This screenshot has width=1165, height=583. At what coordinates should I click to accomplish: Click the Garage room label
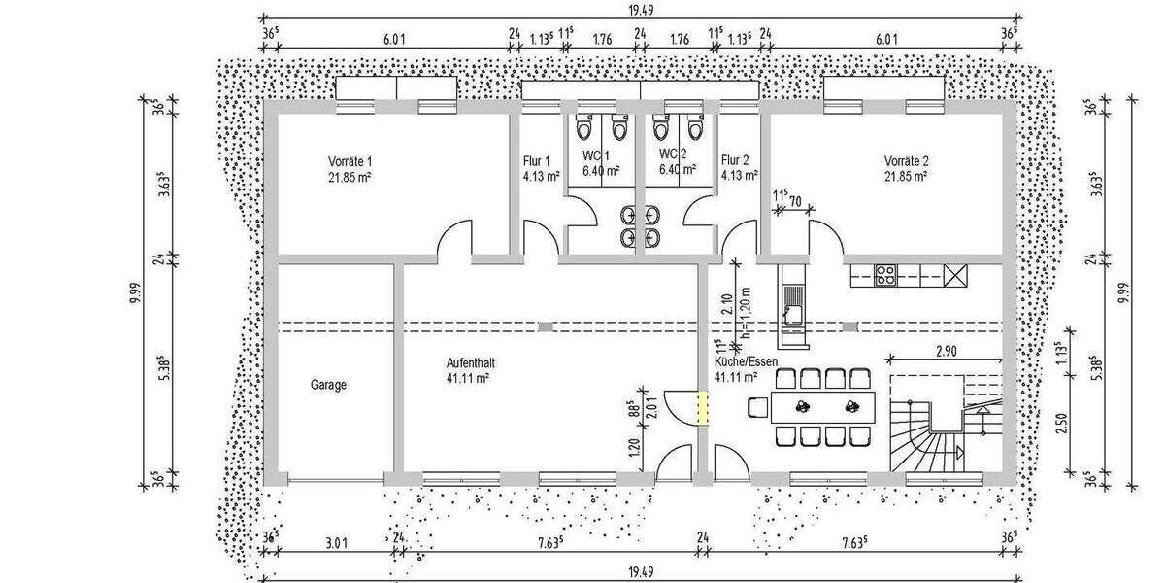(x=328, y=385)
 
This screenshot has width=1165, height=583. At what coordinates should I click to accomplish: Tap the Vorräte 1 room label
(x=349, y=161)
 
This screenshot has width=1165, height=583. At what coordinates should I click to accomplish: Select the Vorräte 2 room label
(x=906, y=161)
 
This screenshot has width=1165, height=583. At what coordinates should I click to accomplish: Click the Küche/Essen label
(x=746, y=361)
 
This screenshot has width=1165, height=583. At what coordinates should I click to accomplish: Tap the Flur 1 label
(x=537, y=161)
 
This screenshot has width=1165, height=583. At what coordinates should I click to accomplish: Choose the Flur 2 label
(x=735, y=161)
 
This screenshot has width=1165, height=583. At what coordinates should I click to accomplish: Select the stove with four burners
(x=885, y=275)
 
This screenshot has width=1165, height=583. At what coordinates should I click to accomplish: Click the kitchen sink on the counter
(x=791, y=313)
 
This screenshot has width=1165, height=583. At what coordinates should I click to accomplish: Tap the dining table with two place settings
(x=826, y=406)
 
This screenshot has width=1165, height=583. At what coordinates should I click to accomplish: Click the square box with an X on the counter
(x=955, y=275)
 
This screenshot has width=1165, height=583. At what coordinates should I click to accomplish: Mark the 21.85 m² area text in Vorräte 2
(x=906, y=176)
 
